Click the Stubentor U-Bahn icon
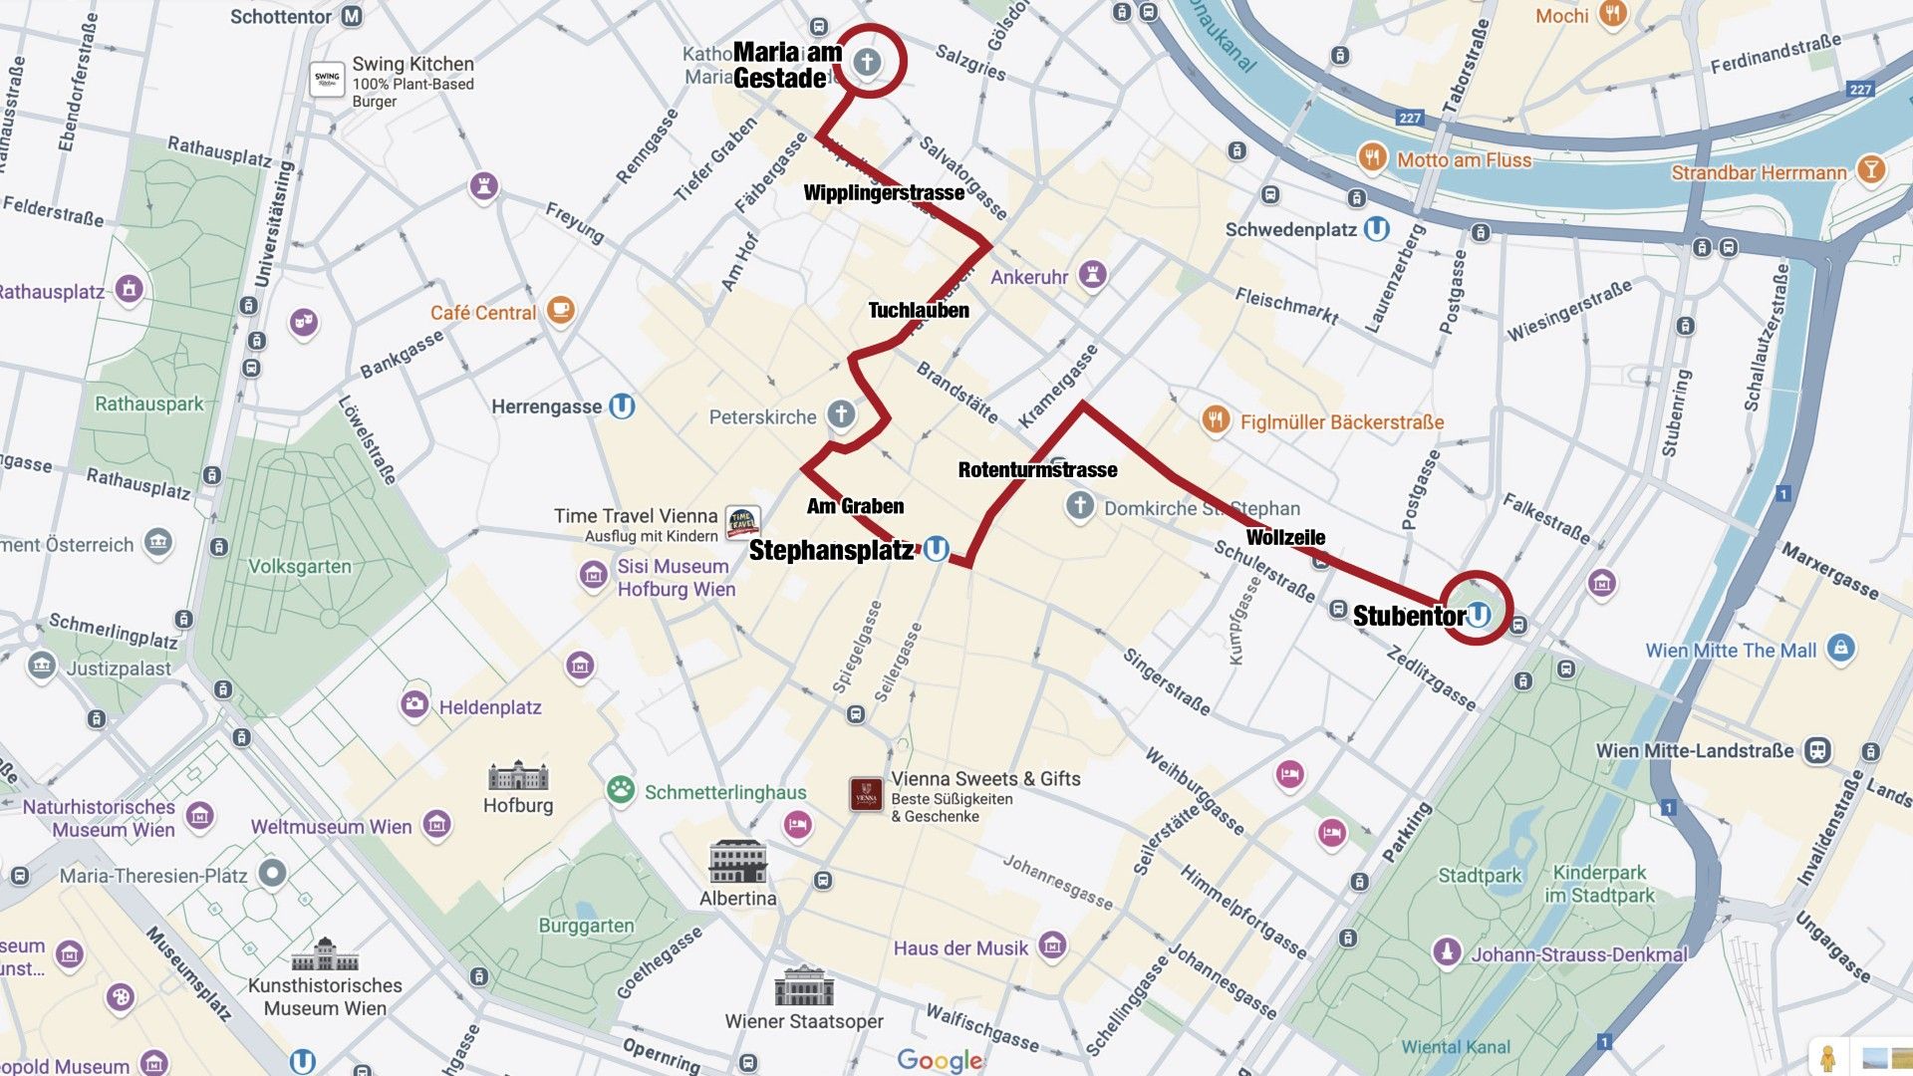(x=1480, y=614)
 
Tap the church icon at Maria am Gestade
(x=867, y=62)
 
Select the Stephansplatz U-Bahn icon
(x=936, y=549)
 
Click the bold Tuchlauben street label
(x=918, y=310)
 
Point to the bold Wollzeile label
(x=1285, y=538)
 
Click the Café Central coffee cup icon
(x=560, y=310)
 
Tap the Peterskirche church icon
(x=841, y=414)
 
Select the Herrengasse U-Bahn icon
(x=622, y=405)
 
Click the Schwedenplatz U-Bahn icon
(x=1376, y=229)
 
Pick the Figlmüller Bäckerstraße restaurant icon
(x=1215, y=419)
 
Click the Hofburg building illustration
(x=518, y=776)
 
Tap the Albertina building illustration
(x=737, y=862)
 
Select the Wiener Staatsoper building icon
(x=803, y=986)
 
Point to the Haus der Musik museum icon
(x=1052, y=944)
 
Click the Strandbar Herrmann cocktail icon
(x=1871, y=169)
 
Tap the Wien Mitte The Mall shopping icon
(x=1841, y=649)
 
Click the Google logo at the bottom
(x=939, y=1060)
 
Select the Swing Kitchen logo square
(x=327, y=79)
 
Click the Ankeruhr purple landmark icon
(x=1093, y=274)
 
